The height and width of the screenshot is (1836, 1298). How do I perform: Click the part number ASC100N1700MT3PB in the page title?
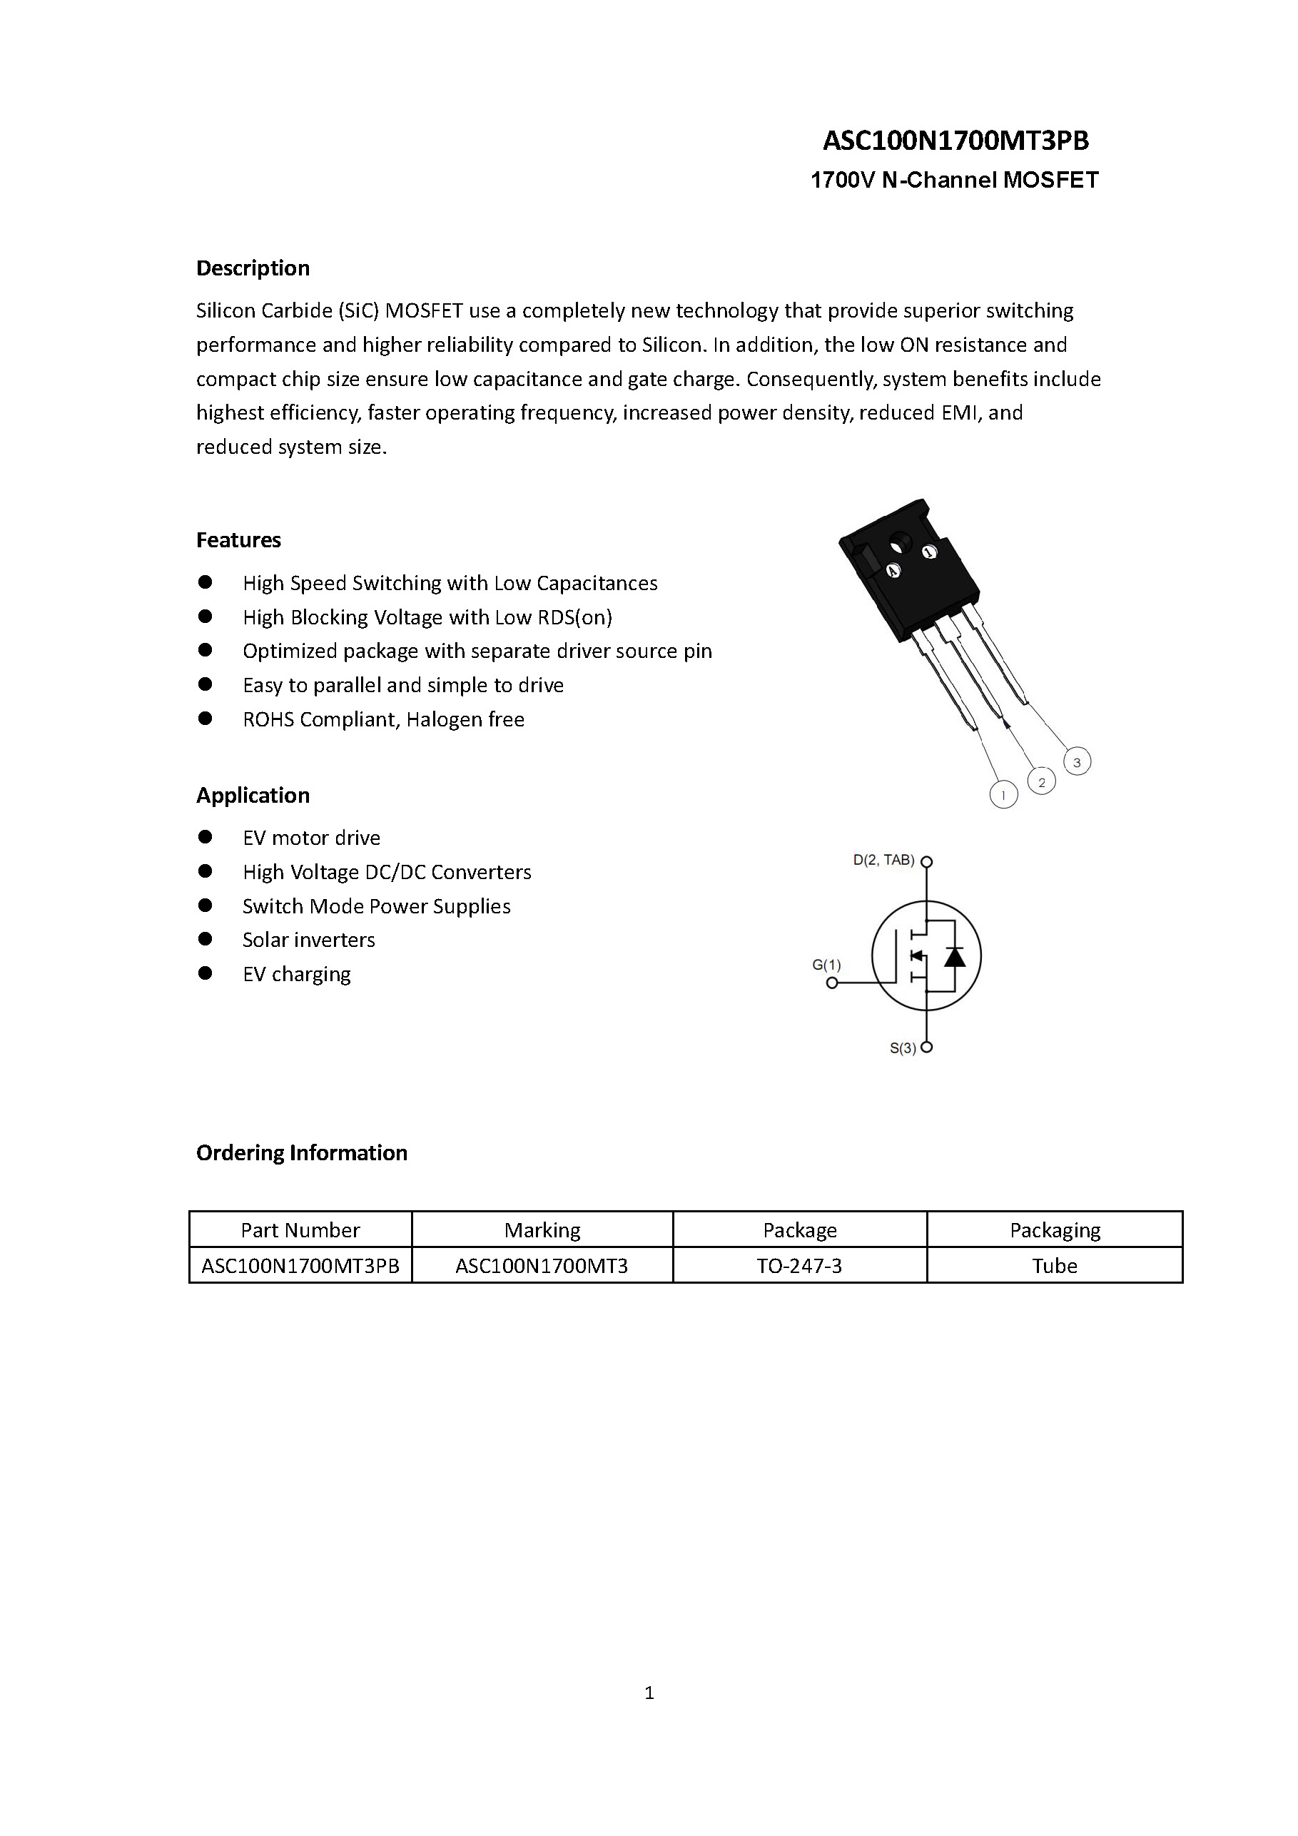[x=955, y=141]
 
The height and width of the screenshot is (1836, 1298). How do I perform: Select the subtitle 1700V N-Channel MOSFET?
[x=954, y=180]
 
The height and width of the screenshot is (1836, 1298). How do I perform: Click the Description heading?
[x=253, y=268]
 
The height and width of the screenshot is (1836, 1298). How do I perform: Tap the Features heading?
[x=238, y=539]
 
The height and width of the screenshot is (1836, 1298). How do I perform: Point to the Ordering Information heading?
[x=302, y=1152]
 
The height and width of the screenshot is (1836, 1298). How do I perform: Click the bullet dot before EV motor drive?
[x=206, y=836]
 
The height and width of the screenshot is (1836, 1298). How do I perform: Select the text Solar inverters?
[x=309, y=940]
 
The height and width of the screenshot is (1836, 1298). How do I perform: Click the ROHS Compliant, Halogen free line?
[x=383, y=719]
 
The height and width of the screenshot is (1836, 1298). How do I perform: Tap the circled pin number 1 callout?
[x=1003, y=795]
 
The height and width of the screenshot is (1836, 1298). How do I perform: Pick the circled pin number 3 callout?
[x=1078, y=762]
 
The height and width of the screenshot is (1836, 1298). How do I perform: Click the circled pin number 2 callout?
[x=1041, y=782]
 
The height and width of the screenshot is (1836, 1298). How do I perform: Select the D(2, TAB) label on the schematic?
[x=883, y=861]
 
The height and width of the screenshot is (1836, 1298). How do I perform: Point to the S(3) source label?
[x=903, y=1048]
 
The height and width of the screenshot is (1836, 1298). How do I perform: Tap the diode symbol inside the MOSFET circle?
[x=954, y=955]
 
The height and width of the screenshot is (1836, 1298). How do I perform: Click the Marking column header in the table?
[x=542, y=1230]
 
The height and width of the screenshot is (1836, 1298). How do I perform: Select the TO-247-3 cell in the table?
[x=800, y=1265]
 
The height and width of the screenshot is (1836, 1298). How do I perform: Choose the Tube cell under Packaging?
[x=1054, y=1265]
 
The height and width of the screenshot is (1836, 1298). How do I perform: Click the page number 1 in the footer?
[x=649, y=1692]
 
